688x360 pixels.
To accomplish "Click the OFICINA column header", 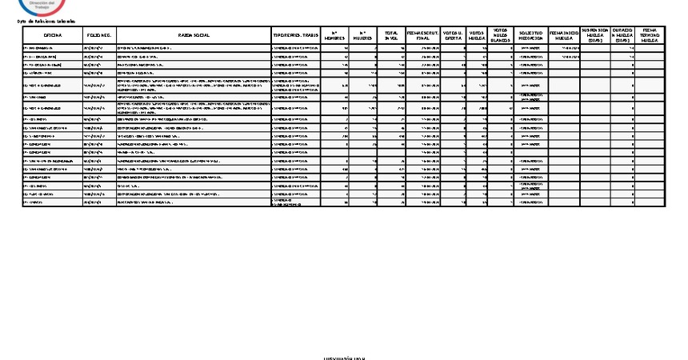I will [x=53, y=36].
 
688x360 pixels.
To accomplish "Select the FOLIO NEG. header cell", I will [x=98, y=36].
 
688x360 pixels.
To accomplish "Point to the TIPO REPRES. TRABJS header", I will [x=295, y=36].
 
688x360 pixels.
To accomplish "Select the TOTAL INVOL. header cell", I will [x=391, y=36].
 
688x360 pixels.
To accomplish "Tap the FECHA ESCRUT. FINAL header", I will [x=423, y=36].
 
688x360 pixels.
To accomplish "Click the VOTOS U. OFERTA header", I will [x=453, y=36].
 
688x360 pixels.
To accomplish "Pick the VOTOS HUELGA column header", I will [x=478, y=36].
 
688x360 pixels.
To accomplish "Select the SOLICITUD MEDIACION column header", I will [x=530, y=36].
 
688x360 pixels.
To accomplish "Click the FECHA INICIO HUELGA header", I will [x=564, y=36].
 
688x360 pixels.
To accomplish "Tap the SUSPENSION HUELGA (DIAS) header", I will [x=595, y=36].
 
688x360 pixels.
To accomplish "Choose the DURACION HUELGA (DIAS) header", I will [x=622, y=36].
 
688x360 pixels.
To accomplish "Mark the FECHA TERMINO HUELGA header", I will [x=650, y=36].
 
